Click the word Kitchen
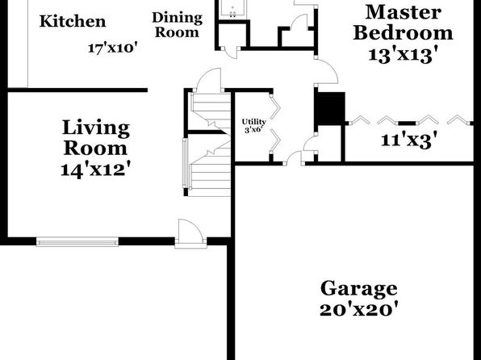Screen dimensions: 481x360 73,22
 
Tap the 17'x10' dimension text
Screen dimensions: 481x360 112,48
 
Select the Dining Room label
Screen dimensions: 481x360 177,25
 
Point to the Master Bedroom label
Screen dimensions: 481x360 403,23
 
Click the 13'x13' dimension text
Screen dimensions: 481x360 403,55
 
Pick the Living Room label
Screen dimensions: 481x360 96,138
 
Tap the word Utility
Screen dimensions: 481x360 253,122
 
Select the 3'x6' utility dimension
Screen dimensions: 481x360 254,129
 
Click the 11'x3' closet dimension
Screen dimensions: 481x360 409,140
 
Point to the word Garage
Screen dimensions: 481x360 359,288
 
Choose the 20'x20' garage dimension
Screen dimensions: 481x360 359,310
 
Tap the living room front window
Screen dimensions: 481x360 77,242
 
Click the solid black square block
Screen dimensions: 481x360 331,108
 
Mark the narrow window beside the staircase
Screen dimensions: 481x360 185,163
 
